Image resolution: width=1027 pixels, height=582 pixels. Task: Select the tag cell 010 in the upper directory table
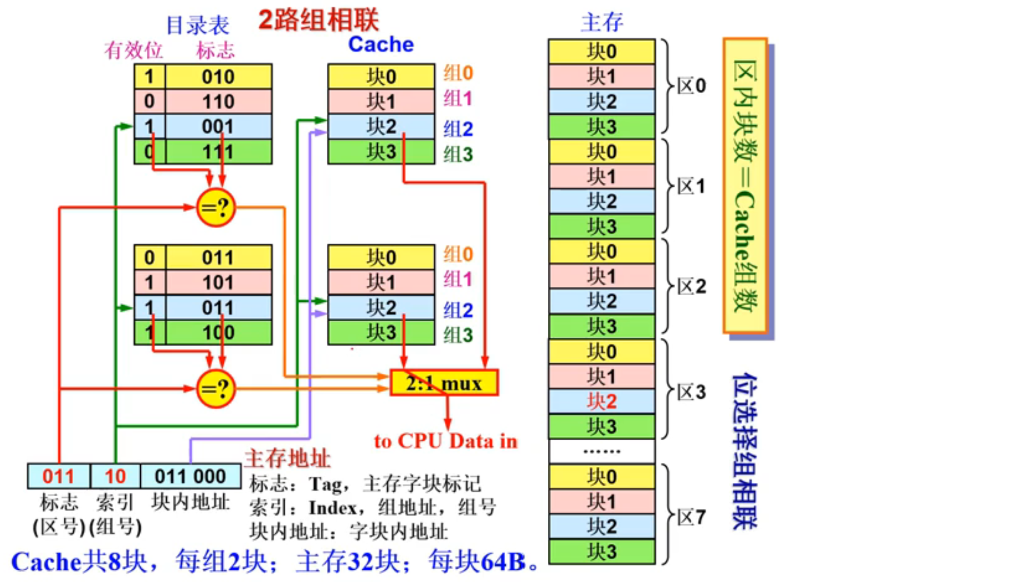pyautogui.click(x=218, y=77)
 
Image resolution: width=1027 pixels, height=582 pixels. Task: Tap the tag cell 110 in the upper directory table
pyautogui.click(x=218, y=102)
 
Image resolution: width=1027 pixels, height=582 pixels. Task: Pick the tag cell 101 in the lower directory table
pyautogui.click(x=218, y=282)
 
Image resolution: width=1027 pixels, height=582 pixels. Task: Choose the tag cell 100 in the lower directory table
pyautogui.click(x=218, y=333)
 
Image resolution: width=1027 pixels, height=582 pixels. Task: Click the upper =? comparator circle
pyautogui.click(x=216, y=207)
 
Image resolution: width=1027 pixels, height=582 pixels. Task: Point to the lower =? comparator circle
pyautogui.click(x=216, y=389)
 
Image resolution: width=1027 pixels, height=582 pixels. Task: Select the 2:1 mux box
pyautogui.click(x=444, y=383)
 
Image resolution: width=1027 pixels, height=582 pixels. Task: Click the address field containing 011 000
pyautogui.click(x=190, y=476)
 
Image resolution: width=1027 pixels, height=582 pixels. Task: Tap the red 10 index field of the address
pyautogui.click(x=115, y=476)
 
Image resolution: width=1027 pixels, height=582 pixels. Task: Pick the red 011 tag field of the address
pyautogui.click(x=59, y=476)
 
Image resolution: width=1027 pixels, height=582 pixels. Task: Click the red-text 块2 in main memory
pyautogui.click(x=602, y=402)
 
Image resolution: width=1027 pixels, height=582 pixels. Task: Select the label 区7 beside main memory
pyautogui.click(x=691, y=517)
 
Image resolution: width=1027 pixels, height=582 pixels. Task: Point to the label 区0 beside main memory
pyautogui.click(x=691, y=86)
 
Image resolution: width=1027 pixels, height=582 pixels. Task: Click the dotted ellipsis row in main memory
pyautogui.click(x=602, y=452)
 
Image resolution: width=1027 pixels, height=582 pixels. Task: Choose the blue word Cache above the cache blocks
pyautogui.click(x=381, y=44)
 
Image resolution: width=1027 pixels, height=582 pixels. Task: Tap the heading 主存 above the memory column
pyautogui.click(x=602, y=22)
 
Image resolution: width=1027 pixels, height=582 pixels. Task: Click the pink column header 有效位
pyautogui.click(x=133, y=50)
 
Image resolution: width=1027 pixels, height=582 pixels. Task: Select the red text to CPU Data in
pyautogui.click(x=445, y=441)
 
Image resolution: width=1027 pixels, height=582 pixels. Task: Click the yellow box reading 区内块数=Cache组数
pyautogui.click(x=745, y=186)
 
